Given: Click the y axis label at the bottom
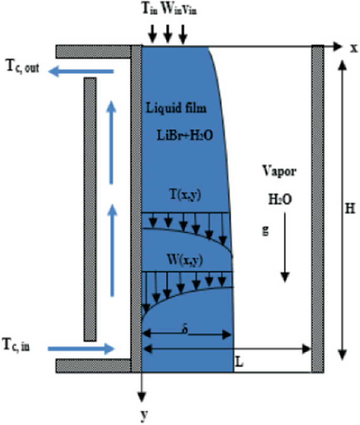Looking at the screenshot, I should point(142,415).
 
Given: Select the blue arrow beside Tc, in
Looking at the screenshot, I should point(80,348).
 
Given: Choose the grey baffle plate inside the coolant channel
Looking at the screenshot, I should point(90,209).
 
